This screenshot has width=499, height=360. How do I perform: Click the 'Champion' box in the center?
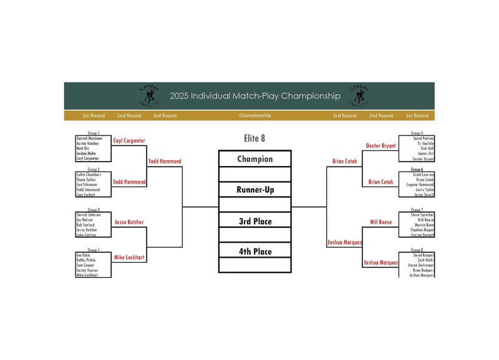(254, 159)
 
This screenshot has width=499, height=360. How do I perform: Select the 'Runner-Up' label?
(254, 190)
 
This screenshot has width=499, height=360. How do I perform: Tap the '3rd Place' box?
(254, 221)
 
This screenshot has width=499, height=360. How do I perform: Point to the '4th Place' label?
(254, 251)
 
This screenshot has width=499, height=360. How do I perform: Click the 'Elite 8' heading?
(254, 138)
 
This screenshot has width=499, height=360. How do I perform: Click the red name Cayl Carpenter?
(129, 141)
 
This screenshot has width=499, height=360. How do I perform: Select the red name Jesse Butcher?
(129, 221)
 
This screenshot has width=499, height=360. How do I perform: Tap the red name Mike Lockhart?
(129, 257)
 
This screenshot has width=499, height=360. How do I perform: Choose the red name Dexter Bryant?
(380, 145)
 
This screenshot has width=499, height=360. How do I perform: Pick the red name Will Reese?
(380, 221)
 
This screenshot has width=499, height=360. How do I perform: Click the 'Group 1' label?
(94, 133)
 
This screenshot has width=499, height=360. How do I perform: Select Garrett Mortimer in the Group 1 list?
(89, 138)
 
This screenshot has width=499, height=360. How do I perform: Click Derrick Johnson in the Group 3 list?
(89, 215)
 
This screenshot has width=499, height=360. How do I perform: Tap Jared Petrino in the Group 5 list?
(423, 138)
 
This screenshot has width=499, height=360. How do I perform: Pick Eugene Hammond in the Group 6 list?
(420, 185)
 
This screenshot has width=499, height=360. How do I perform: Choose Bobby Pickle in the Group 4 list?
(85, 260)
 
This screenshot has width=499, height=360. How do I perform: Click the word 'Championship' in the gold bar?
(255, 115)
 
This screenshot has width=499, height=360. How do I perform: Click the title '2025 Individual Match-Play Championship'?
(255, 96)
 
